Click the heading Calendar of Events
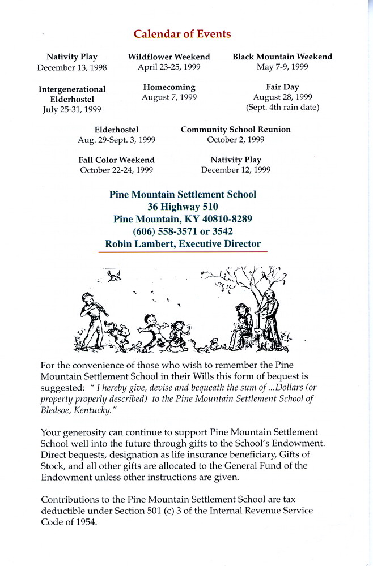pyautogui.click(x=182, y=35)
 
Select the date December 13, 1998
pyautogui.click(x=72, y=67)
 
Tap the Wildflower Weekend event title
pyautogui.click(x=169, y=57)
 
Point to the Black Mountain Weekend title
pyautogui.click(x=282, y=57)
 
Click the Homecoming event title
pyautogui.click(x=169, y=87)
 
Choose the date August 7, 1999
pyautogui.click(x=169, y=97)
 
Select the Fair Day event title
pyautogui.click(x=282, y=87)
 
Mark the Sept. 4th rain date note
pyautogui.click(x=282, y=108)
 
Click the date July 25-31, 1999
pyautogui.click(x=72, y=109)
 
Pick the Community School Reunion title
pyautogui.click(x=235, y=130)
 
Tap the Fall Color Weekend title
pyautogui.click(x=116, y=160)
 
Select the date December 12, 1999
pyautogui.click(x=235, y=170)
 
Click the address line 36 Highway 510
pyautogui.click(x=182, y=207)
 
